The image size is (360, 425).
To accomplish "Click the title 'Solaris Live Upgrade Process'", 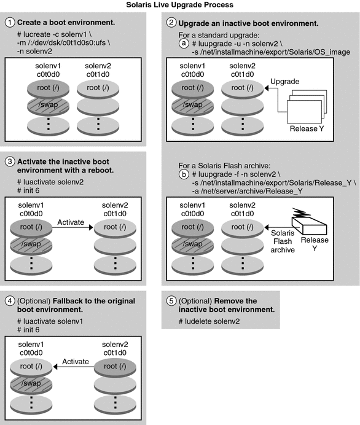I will [179, 5].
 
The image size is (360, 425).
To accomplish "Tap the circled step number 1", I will [9, 23].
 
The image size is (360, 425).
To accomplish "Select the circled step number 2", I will [172, 23].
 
